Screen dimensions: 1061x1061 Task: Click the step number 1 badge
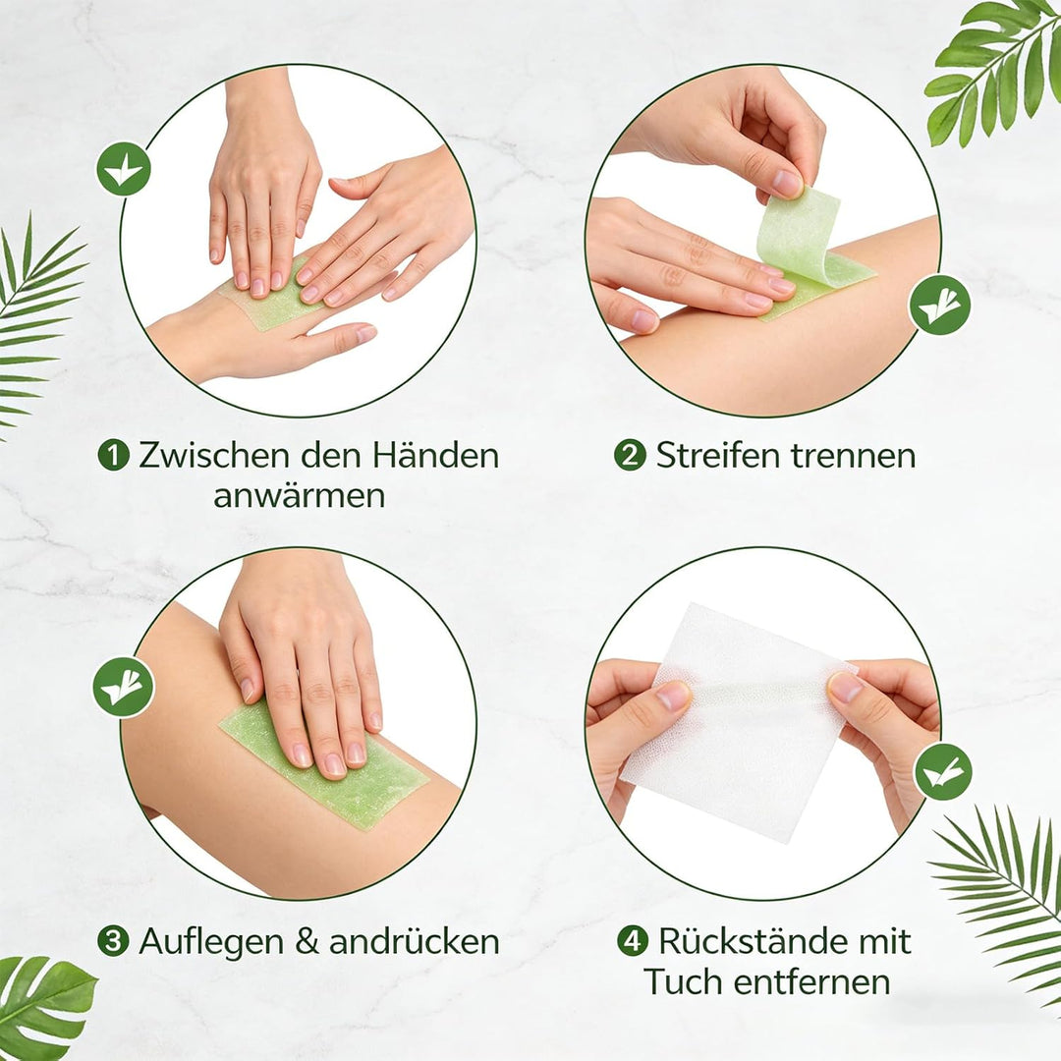point(114,456)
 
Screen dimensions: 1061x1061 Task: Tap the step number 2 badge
point(630,456)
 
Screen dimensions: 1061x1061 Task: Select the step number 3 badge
point(113,941)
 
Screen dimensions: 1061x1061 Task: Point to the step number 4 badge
point(633,941)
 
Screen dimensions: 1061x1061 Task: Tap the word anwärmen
point(299,496)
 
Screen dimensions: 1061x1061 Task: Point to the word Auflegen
point(211,942)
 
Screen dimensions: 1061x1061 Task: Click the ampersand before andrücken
point(307,942)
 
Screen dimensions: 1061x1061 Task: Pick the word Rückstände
point(754,941)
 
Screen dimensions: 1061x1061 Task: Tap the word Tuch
point(684,982)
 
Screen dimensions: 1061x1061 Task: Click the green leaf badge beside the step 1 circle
point(124,169)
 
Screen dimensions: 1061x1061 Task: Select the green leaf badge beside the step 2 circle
point(939,306)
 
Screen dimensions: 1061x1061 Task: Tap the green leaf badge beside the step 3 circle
point(123,687)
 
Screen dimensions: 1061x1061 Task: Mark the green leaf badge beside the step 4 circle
point(943,771)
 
